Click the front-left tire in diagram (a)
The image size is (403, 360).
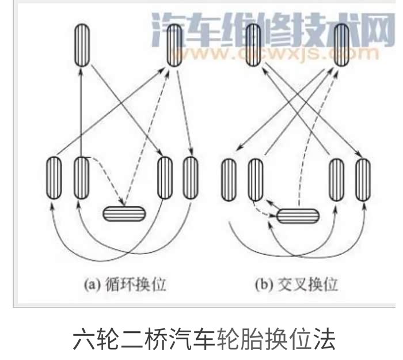[82, 46]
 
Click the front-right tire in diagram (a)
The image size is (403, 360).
[175, 46]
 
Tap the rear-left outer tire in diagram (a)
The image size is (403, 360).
[54, 177]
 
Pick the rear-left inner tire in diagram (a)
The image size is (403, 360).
[82, 177]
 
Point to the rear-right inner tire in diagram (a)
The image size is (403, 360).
[165, 177]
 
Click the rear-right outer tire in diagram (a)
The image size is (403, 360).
[191, 177]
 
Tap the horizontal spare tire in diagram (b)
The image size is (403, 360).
[298, 215]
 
